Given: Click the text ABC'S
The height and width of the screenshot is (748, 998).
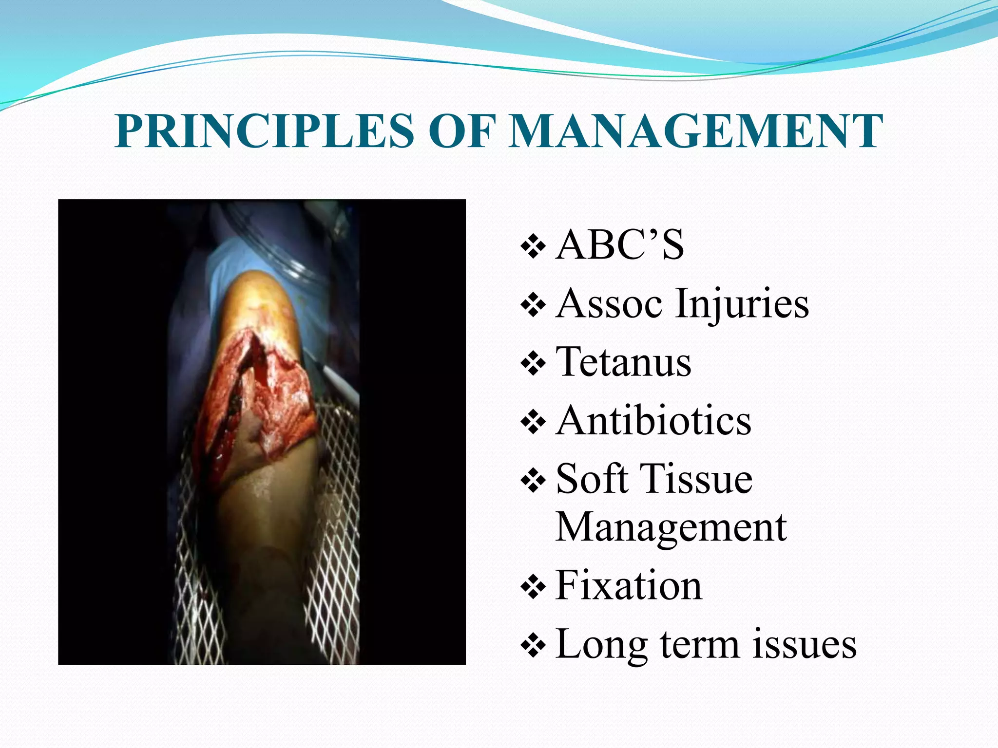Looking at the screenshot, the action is (x=619, y=245).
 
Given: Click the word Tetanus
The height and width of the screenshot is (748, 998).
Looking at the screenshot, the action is (x=623, y=362).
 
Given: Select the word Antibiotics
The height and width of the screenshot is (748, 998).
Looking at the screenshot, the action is (x=653, y=420).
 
